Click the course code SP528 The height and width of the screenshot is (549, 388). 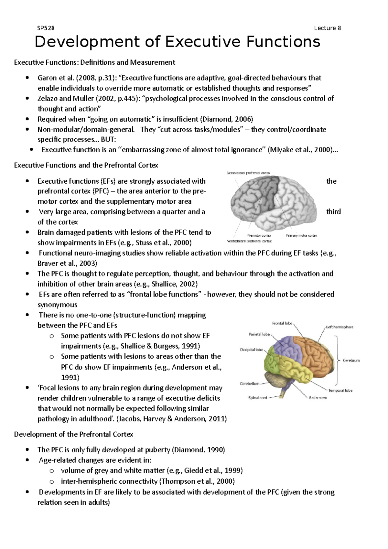pos(46,28)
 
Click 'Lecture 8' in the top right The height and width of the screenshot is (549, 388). pos(327,28)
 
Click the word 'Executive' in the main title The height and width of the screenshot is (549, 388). pos(203,42)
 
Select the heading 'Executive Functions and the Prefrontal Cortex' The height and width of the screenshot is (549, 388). pos(86,165)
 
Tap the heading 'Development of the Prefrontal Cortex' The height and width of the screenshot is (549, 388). pos(73,434)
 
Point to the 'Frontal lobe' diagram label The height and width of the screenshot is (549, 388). pos(282,323)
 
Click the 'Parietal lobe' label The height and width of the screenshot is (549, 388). pos(259,334)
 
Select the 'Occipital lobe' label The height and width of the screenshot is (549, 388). pos(251,350)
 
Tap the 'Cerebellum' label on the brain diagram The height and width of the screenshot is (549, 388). pos(249,384)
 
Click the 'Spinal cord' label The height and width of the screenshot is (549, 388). pos(257,398)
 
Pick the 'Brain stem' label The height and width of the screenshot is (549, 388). pos(318,398)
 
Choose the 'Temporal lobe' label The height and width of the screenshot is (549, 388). pos(340,390)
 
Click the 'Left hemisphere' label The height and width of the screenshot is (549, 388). pos(339,327)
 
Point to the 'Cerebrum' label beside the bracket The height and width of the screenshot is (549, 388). pos(351,360)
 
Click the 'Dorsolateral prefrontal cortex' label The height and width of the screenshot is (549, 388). pos(248,173)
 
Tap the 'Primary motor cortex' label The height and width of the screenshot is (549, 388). pos(301,235)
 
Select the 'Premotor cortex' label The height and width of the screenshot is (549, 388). pos(259,235)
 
